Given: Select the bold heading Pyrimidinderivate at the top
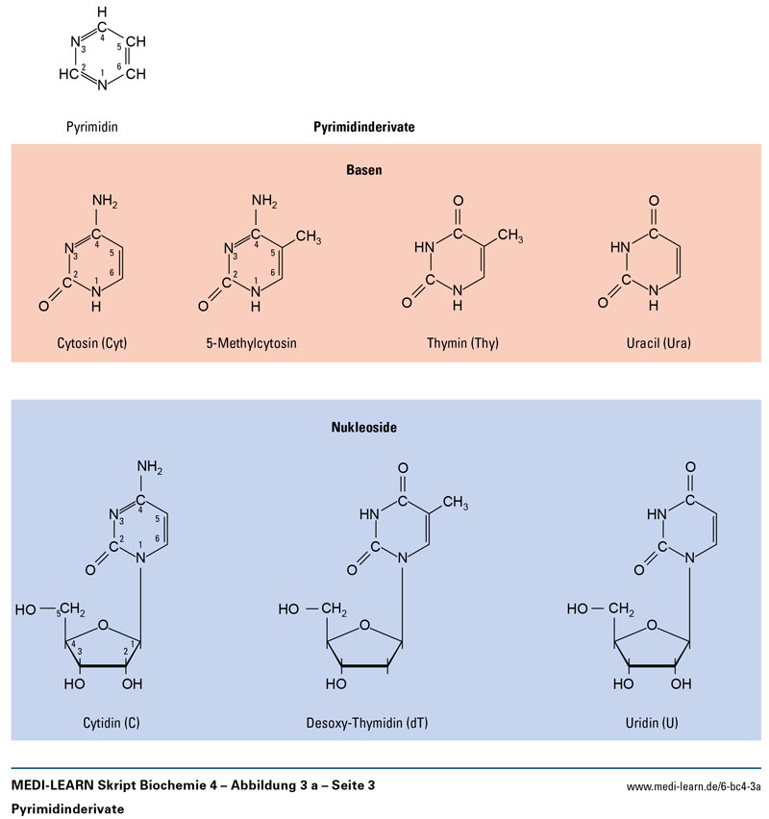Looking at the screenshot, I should [x=363, y=126].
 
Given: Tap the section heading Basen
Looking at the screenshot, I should [x=364, y=169].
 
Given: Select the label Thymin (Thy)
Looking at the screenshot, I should [x=464, y=342].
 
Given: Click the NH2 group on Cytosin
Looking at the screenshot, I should [x=106, y=202].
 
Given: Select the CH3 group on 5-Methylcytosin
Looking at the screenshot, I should [x=309, y=235].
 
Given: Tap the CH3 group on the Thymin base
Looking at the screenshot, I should [x=509, y=235].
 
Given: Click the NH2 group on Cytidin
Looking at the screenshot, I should [x=152, y=468].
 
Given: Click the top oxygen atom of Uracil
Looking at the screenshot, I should [x=654, y=202].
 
